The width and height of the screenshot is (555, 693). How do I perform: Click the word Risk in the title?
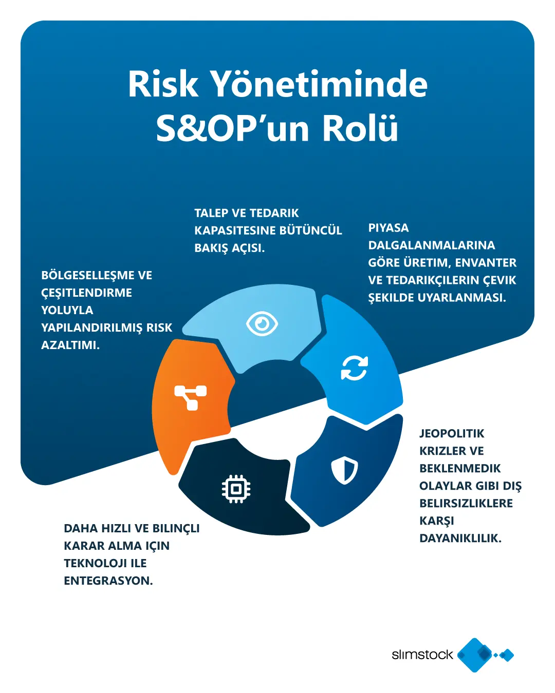[x=163, y=84]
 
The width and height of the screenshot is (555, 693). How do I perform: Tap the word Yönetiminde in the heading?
[x=319, y=84]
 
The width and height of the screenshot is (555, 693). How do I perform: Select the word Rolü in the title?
[x=360, y=128]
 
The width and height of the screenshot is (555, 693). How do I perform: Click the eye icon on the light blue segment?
[x=262, y=323]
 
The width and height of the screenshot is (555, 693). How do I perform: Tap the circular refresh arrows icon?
[x=355, y=368]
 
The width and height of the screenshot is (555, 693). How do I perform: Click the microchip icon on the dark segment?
[x=236, y=489]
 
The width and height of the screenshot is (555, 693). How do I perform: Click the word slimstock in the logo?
[x=422, y=654]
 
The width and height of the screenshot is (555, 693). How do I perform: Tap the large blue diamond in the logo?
[x=475, y=655]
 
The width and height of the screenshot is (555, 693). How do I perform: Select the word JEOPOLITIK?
[x=452, y=434]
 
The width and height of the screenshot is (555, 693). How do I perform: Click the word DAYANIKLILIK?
[x=460, y=538]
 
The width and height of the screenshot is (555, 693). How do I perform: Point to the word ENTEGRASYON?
[x=108, y=581]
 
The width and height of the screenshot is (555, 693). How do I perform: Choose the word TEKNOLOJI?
[x=95, y=564]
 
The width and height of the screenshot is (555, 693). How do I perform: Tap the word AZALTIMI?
[x=70, y=345]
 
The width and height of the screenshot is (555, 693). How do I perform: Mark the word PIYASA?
[x=388, y=228]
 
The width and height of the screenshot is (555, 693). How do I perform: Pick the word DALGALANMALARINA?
[x=431, y=245]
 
